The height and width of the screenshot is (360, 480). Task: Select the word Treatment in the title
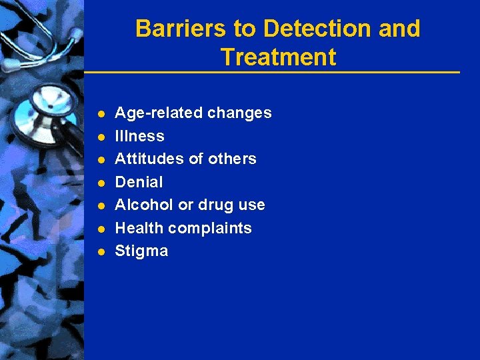coord(278,57)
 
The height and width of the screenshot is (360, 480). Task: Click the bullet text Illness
coord(139,136)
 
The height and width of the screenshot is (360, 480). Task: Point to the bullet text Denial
coord(139,182)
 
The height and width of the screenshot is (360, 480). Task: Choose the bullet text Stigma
coord(141,251)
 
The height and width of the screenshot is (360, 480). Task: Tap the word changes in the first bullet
coord(239,113)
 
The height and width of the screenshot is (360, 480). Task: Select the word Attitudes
coord(147,159)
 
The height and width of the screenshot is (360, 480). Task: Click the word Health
coord(139,228)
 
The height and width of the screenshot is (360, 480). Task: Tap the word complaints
coord(210,228)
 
